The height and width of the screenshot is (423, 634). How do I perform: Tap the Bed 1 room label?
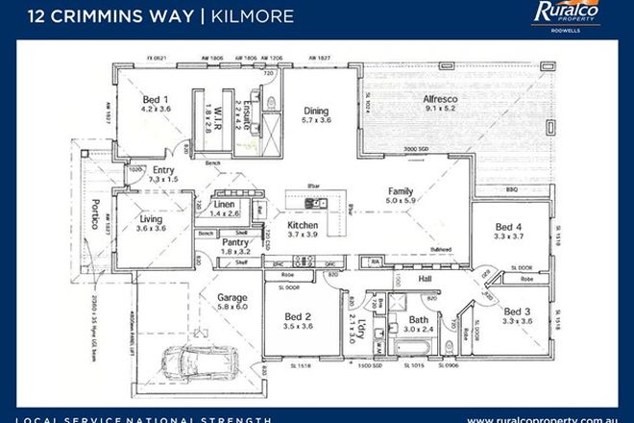point(156,100)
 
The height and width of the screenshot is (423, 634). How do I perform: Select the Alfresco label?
point(443,99)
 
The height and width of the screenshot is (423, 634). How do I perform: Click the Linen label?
point(224,205)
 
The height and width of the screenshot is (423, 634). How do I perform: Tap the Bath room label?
point(418,319)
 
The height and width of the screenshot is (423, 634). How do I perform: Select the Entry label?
point(163,170)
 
